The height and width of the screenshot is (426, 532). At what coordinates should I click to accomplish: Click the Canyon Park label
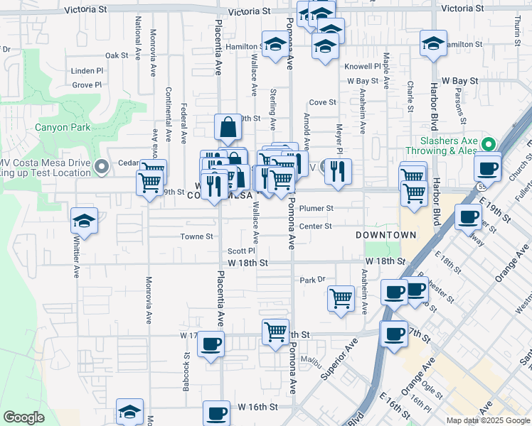point(64,128)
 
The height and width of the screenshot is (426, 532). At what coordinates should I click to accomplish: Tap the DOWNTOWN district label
point(386,235)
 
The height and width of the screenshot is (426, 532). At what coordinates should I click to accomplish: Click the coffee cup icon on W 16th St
point(216,413)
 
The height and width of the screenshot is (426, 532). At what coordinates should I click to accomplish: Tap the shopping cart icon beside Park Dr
point(341,296)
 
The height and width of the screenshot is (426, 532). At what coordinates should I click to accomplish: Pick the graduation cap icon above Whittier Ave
point(84,220)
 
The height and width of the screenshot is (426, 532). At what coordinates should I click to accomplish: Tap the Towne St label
point(196,236)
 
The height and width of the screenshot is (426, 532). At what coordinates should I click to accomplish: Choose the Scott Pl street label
point(241,251)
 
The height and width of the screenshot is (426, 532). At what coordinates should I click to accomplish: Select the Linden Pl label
point(87,71)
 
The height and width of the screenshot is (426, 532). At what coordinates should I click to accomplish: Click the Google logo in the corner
point(23,417)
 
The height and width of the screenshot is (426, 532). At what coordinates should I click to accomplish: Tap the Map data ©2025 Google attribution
point(488,420)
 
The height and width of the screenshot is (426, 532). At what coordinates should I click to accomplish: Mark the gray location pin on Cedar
point(101,168)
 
